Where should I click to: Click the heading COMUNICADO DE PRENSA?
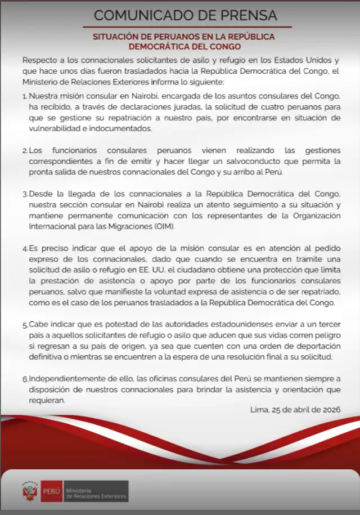click(x=185, y=15)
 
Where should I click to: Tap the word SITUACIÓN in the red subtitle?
click(x=114, y=36)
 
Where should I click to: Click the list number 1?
click(x=25, y=96)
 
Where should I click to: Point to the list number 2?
click(x=25, y=151)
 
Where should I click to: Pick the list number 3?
click(x=25, y=194)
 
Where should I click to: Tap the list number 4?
click(x=25, y=249)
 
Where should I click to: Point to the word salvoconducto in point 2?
click(x=259, y=162)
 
